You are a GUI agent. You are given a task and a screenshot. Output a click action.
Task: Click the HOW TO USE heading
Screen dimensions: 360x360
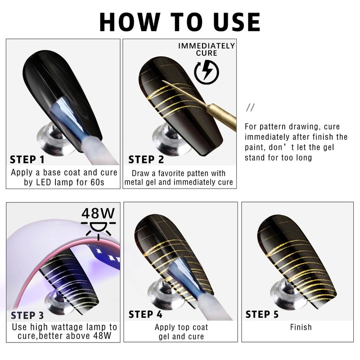click(x=180, y=22)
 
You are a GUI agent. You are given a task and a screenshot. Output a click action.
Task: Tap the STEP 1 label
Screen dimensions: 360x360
click(x=27, y=160)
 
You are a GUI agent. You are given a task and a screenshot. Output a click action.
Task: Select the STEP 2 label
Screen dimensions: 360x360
click(x=146, y=160)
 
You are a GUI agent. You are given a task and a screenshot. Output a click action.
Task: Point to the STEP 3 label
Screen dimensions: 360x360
click(x=27, y=315)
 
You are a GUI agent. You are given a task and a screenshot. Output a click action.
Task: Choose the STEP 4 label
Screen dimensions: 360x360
click(x=145, y=314)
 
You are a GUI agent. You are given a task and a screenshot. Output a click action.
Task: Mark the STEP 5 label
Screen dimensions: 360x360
click(x=262, y=314)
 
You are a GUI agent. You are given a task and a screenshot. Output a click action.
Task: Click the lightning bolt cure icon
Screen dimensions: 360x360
click(x=207, y=72)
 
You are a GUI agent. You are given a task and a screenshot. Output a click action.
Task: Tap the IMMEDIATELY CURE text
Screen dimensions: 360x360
click(x=207, y=49)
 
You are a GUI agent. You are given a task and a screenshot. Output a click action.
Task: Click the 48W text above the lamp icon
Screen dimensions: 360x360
click(x=98, y=213)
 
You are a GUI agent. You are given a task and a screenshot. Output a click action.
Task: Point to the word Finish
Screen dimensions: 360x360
click(x=301, y=327)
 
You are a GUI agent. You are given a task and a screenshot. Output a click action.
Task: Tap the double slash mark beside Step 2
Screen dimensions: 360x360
click(x=250, y=107)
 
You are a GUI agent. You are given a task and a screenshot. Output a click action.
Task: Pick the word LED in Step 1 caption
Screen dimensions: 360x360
click(x=43, y=182)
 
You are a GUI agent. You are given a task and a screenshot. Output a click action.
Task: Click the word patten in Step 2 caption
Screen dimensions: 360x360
click(x=195, y=173)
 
